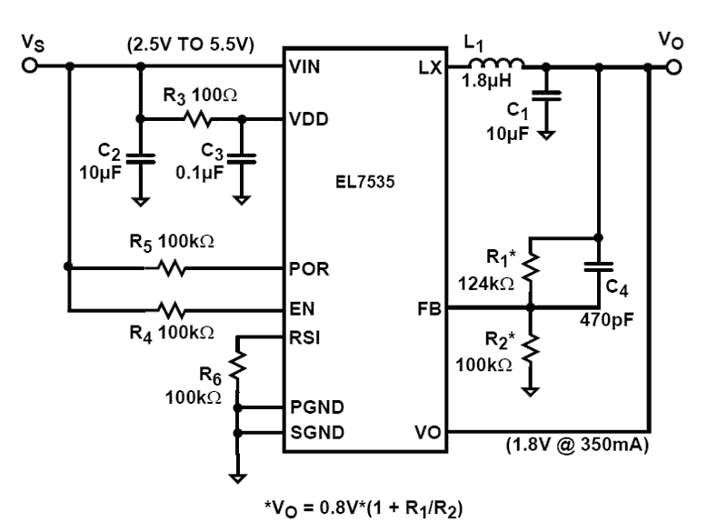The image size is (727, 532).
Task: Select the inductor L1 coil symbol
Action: pyautogui.click(x=496, y=64)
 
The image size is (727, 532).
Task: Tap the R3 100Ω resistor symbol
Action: pyautogui.click(x=196, y=119)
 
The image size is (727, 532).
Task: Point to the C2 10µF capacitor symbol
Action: pyautogui.click(x=139, y=158)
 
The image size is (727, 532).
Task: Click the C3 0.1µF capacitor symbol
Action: pyautogui.click(x=241, y=158)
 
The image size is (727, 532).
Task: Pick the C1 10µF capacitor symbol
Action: pyautogui.click(x=546, y=95)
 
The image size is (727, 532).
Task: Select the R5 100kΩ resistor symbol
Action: pyautogui.click(x=171, y=268)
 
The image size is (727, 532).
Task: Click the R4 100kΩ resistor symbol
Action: pyautogui.click(x=171, y=309)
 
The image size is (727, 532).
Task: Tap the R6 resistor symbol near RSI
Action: pyautogui.click(x=238, y=365)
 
